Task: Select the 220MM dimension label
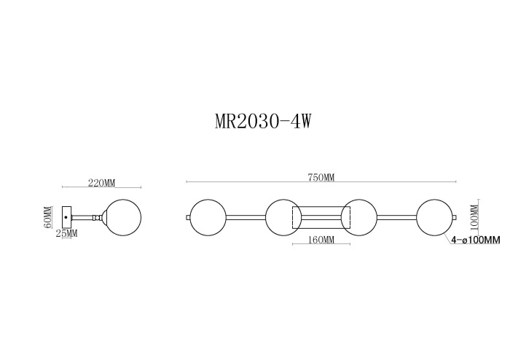coord(101,183)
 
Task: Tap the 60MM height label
coord(48,217)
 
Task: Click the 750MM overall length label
coord(321,177)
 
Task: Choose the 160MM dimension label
coord(321,240)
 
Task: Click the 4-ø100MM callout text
coord(476,240)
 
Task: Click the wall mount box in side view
coord(67,216)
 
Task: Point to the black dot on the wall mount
coord(67,216)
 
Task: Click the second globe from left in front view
coord(283,216)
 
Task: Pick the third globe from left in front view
coord(358,216)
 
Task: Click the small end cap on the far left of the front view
coord(188,216)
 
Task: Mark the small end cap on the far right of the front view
coord(455,216)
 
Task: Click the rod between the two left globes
coord(246,216)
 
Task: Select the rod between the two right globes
coord(396,216)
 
